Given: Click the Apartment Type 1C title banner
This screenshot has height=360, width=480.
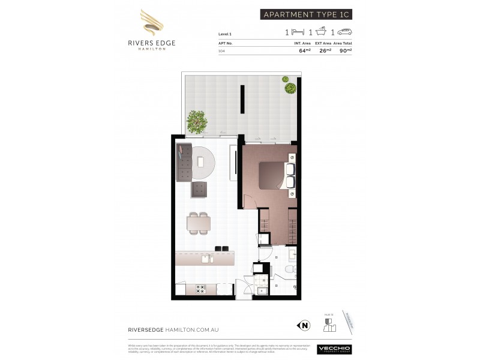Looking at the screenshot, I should pyautogui.click(x=306, y=14).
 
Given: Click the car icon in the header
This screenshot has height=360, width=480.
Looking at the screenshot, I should pyautogui.click(x=346, y=32).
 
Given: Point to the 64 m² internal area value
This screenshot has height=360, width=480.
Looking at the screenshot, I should pyautogui.click(x=304, y=50).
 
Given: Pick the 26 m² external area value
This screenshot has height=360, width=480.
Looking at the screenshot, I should pyautogui.click(x=326, y=50).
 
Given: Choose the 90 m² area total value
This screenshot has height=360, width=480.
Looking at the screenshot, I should pyautogui.click(x=346, y=50).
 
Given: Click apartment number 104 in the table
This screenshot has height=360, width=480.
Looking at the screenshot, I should pyautogui.click(x=221, y=50).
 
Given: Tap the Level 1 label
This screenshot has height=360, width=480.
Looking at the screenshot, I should pyautogui.click(x=226, y=35).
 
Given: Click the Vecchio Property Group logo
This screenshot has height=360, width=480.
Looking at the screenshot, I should pyautogui.click(x=335, y=349).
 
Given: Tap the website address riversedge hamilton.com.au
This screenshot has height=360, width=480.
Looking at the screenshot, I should pyautogui.click(x=169, y=329).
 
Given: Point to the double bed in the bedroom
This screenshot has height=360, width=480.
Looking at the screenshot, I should pyautogui.click(x=275, y=174).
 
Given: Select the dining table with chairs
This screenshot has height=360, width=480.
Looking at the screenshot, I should pyautogui.click(x=199, y=223).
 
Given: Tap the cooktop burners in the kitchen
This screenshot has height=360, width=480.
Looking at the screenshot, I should pyautogui.click(x=201, y=289).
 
